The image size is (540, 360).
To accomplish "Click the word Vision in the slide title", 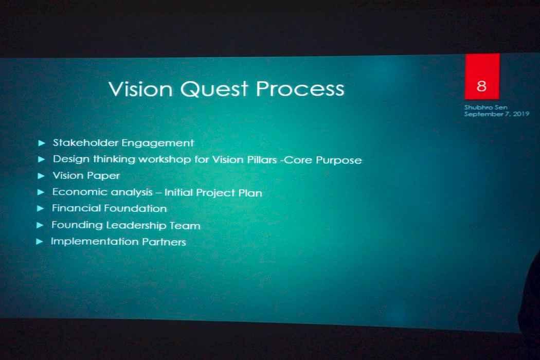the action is click(140, 89).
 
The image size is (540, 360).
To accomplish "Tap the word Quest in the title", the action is click(214, 89).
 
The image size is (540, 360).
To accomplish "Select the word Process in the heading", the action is click(300, 89).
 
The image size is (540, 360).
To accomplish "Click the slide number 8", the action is click(481, 86).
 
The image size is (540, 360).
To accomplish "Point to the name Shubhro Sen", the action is click(485, 107).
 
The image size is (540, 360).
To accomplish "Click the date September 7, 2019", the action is click(497, 114).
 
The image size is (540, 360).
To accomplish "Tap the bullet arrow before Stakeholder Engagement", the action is click(42, 143).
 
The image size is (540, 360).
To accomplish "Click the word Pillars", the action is click(262, 160).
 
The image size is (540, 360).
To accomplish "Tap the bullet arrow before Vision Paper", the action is click(41, 176).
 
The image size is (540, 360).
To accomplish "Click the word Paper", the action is click(103, 176).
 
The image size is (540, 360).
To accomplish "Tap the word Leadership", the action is click(136, 225).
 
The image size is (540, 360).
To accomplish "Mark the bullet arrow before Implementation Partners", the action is click(40, 242).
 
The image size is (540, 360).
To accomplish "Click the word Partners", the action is click(164, 242).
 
